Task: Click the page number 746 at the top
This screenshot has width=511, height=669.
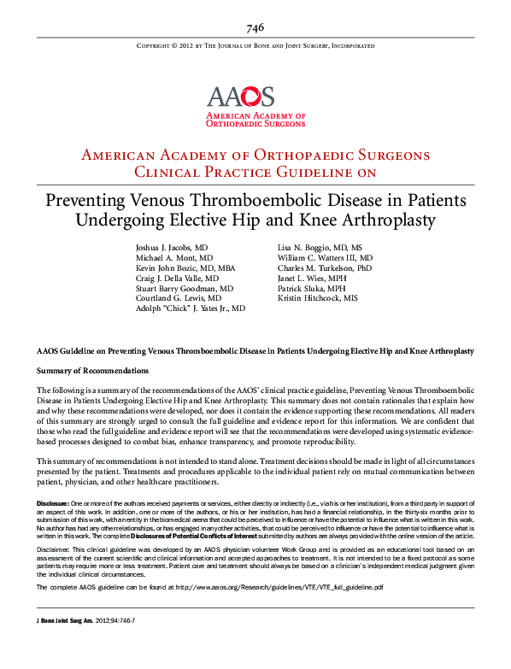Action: click(255, 28)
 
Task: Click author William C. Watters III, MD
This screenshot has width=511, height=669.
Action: click(325, 257)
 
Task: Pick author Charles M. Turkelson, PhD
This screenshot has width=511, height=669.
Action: click(325, 267)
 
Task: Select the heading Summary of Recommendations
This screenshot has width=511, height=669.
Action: click(91, 371)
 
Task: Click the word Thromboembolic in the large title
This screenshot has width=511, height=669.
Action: click(258, 201)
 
